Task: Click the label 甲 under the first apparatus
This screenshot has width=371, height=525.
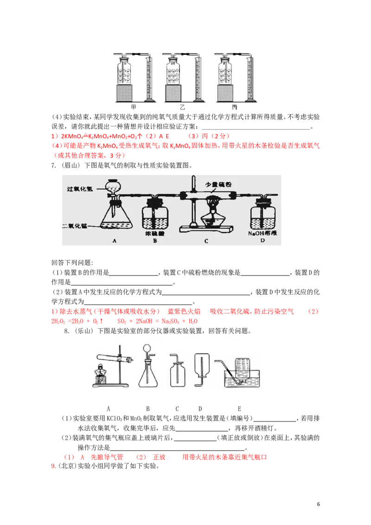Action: [134, 108]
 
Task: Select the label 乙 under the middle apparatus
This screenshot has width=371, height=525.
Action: [182, 108]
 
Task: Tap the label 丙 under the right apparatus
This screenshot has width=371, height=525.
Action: [234, 108]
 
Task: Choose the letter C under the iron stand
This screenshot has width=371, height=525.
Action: [206, 241]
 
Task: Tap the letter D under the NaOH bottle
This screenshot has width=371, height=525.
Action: [263, 241]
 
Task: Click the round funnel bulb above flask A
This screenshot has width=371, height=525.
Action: [113, 186]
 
